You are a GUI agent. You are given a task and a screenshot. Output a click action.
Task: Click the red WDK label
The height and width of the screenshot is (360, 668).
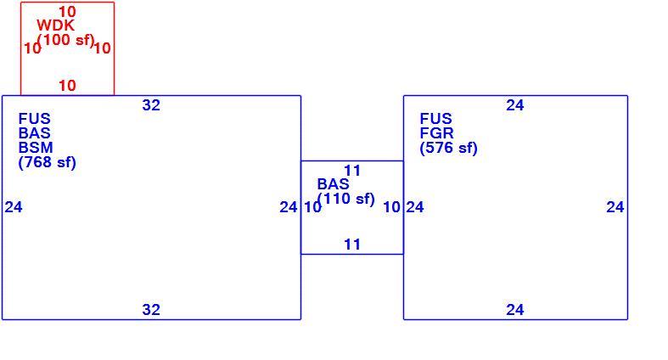point(55,25)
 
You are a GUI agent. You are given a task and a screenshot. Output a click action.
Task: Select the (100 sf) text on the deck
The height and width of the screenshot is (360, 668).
point(66,40)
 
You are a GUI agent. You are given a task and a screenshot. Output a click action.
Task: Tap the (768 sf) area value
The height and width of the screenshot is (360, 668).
point(48,162)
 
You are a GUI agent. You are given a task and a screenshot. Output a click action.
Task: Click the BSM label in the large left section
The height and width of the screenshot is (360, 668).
point(36,148)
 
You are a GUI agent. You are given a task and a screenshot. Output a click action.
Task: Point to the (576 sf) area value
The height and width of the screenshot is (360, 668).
point(449,148)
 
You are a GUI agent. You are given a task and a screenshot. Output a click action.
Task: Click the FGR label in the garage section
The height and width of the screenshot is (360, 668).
point(436,133)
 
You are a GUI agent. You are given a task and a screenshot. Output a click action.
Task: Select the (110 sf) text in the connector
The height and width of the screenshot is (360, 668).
point(346,199)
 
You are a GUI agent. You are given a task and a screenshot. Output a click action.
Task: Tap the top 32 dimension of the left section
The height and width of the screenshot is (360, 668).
point(151,105)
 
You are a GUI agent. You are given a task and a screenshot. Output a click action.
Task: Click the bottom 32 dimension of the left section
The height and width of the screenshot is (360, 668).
point(151,310)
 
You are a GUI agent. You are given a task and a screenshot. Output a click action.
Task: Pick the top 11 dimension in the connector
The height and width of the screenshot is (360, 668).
point(352,171)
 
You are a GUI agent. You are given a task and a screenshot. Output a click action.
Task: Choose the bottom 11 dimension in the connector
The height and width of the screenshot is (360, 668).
point(352,245)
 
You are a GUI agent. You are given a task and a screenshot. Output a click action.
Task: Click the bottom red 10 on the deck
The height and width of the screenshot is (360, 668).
point(67,86)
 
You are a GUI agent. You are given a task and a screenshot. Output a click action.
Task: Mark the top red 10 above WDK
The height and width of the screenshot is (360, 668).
point(67,12)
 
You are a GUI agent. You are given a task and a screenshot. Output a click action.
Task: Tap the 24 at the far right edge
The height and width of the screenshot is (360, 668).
point(615,207)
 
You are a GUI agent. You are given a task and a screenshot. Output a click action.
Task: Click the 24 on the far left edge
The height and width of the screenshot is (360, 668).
point(14,207)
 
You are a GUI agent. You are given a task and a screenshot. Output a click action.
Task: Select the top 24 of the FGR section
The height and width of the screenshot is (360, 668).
point(515,105)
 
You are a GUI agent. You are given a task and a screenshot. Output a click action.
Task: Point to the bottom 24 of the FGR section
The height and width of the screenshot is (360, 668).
point(515,310)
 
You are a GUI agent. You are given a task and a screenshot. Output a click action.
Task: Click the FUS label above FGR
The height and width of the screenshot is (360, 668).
point(435,119)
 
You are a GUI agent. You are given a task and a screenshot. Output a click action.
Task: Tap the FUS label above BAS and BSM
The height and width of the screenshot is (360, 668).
point(35,119)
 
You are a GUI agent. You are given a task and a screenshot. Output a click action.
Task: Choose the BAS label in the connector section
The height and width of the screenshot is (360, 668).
point(333,184)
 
